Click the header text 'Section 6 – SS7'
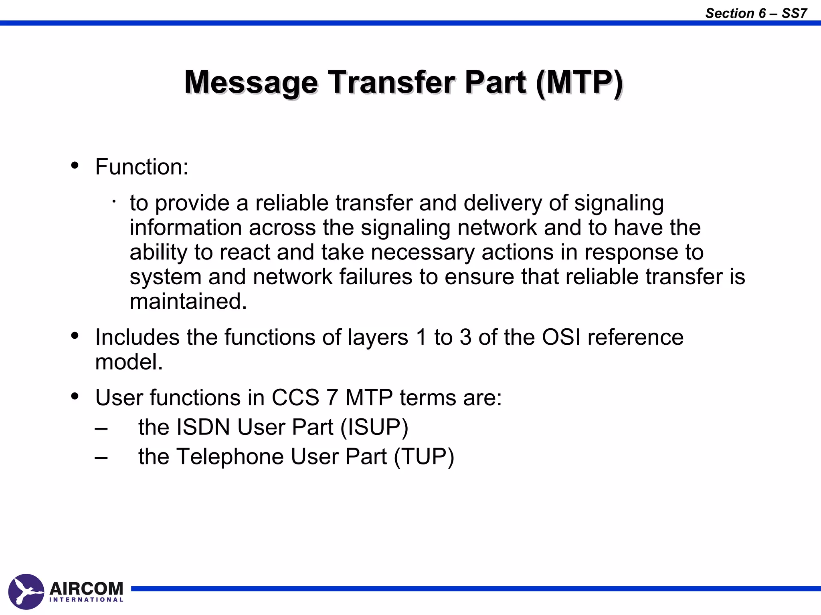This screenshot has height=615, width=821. (x=756, y=13)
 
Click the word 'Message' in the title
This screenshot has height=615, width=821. (x=251, y=82)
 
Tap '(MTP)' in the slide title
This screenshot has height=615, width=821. (x=579, y=82)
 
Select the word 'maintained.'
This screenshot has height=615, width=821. (x=188, y=301)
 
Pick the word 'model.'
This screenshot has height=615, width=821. (x=129, y=362)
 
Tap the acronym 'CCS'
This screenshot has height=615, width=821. (x=295, y=398)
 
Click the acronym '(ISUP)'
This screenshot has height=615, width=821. (x=374, y=427)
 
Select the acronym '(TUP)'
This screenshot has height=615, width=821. (x=424, y=456)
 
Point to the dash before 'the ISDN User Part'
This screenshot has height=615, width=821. (x=101, y=428)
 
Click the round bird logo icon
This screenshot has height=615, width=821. (x=26, y=591)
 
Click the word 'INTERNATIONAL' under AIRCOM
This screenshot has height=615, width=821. (x=86, y=600)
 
